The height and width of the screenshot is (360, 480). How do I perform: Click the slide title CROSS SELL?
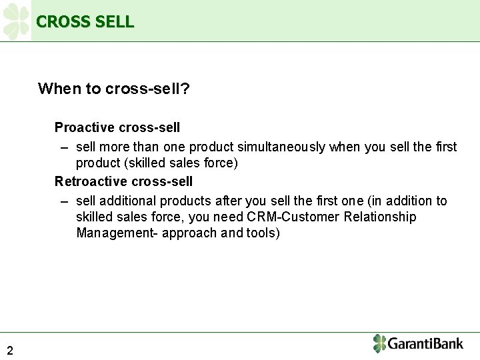85,21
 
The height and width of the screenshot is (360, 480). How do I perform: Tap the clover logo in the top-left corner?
16,21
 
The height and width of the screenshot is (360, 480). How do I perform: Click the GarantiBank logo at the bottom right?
418,344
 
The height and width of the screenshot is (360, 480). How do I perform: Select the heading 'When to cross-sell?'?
114,89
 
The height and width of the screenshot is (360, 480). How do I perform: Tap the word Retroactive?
91,181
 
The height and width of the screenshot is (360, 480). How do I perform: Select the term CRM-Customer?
284,217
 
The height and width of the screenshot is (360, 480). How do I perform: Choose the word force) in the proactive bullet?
221,163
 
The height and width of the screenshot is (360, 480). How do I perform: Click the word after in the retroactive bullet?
229,201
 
